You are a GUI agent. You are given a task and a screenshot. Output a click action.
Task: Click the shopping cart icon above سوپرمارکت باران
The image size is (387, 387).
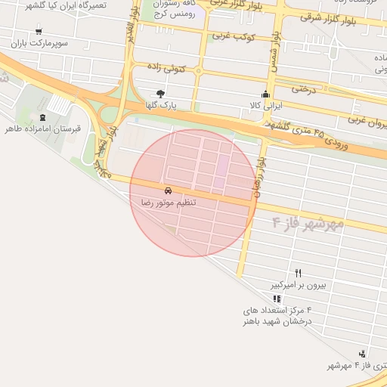39,32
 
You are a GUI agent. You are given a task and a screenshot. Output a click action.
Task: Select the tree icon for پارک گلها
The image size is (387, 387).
160,94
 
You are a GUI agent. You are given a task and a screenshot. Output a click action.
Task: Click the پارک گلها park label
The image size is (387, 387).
161,105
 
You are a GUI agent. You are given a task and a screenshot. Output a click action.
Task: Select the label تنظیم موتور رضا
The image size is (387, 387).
169,203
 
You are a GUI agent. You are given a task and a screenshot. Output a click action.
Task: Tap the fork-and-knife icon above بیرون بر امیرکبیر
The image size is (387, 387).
298,273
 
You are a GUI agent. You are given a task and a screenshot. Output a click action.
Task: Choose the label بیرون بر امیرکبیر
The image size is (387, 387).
299,285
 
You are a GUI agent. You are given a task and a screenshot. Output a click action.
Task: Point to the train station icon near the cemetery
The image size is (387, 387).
42,117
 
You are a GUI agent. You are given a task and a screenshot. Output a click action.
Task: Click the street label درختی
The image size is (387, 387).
302,88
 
